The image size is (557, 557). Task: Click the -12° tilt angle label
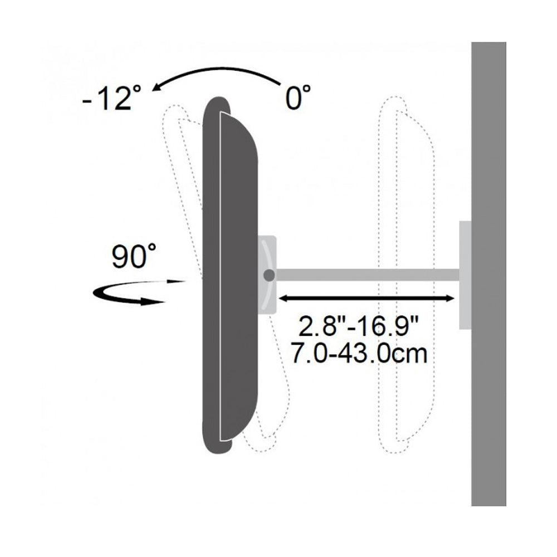(x=111, y=97)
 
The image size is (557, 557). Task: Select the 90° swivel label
(x=134, y=256)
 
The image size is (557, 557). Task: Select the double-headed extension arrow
(x=367, y=299)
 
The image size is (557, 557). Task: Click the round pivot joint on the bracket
(x=269, y=275)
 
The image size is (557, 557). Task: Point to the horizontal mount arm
(x=368, y=275)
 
